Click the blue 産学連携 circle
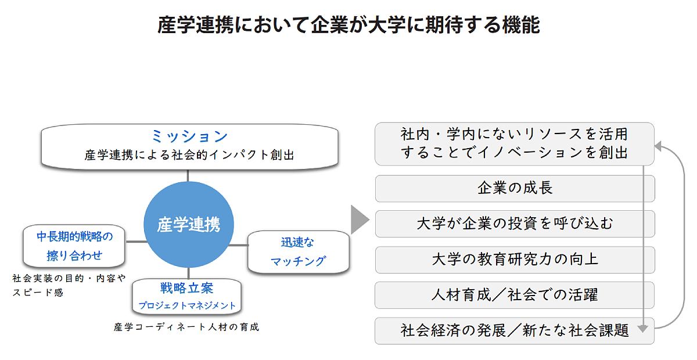click(x=188, y=225)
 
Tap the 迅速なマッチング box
click(x=299, y=252)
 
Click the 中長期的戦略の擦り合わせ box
click(x=74, y=246)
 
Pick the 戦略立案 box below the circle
click(x=187, y=296)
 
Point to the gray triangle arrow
click(x=360, y=219)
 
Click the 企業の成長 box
click(x=515, y=188)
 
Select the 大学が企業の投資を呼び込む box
click(x=515, y=224)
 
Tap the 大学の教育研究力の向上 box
click(x=515, y=259)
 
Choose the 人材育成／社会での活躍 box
click(x=515, y=295)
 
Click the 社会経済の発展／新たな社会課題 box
click(x=515, y=331)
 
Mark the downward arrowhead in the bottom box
click(x=642, y=329)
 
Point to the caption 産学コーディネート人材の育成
click(x=186, y=327)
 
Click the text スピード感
click(x=38, y=293)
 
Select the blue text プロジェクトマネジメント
click(x=187, y=305)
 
